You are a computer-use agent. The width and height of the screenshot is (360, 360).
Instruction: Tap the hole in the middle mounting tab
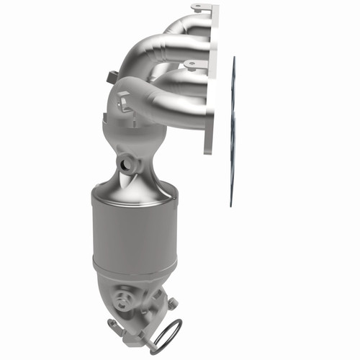point(191,64)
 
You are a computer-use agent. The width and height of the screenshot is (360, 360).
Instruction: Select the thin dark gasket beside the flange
point(233,130)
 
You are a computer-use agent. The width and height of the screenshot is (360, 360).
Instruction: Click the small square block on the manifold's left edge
point(111,76)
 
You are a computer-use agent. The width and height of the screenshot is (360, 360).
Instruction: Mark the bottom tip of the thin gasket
point(231,204)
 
